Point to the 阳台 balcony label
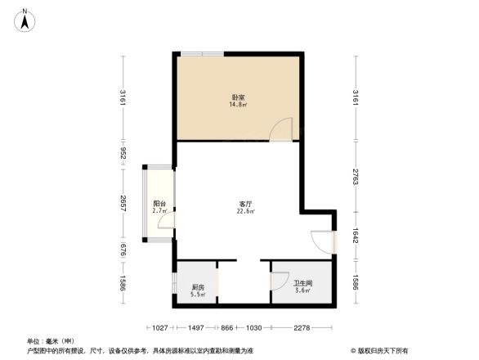click(x=159, y=204)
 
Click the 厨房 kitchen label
click(x=198, y=287)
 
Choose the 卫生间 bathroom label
click(x=302, y=283)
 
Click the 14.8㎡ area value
click(x=239, y=105)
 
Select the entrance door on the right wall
click(x=324, y=242)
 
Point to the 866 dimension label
click(x=227, y=328)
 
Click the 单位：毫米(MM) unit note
click(x=49, y=340)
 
